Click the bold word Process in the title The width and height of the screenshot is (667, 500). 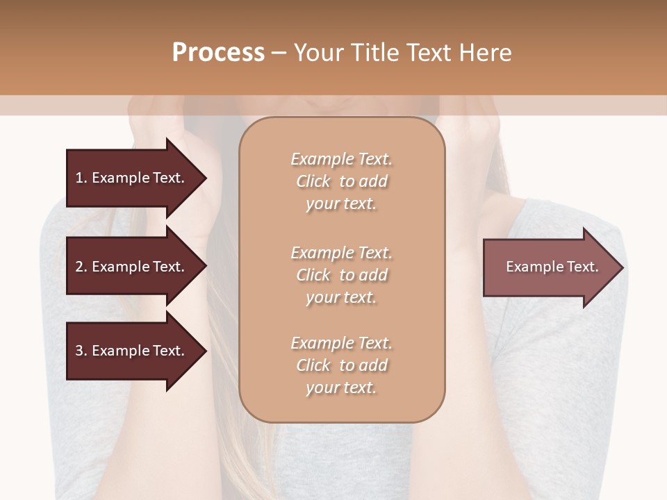tap(218, 53)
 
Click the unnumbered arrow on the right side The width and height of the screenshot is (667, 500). tap(552, 267)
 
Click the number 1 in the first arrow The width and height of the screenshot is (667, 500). tap(79, 178)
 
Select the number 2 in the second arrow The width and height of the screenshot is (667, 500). tap(79, 267)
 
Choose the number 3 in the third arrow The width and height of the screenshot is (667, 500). tap(79, 351)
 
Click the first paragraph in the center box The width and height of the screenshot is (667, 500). tap(342, 181)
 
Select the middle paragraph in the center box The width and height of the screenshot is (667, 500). tap(342, 275)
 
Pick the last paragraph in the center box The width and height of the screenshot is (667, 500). tap(342, 365)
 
